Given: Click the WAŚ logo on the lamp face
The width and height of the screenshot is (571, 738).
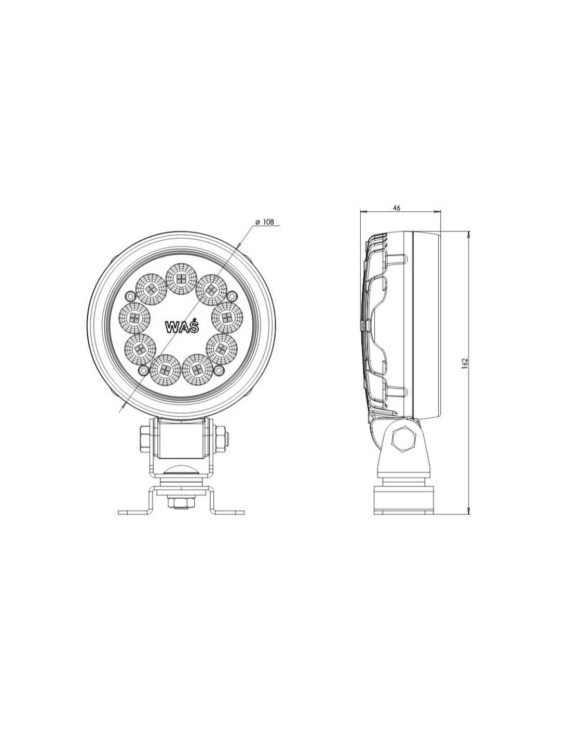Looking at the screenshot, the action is click(x=182, y=326).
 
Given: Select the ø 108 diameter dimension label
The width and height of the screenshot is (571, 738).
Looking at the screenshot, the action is click(x=264, y=222).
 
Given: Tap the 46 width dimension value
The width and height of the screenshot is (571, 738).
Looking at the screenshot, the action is click(x=397, y=208).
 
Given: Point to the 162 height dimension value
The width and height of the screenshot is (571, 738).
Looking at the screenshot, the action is click(x=465, y=363).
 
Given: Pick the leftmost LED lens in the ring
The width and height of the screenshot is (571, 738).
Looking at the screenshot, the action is click(x=135, y=318).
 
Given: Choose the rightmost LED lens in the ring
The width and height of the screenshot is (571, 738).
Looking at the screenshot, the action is click(x=227, y=318).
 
